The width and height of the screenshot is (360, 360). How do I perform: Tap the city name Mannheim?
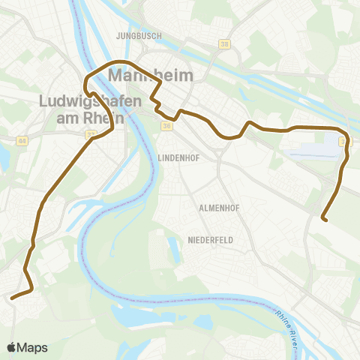pos(151,76)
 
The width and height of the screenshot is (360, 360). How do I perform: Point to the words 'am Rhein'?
pos(88,118)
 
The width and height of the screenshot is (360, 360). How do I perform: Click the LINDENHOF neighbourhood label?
pos(178,158)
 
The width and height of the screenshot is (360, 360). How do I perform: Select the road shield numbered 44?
pos(22,140)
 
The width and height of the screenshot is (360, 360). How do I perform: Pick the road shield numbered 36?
pos(166,126)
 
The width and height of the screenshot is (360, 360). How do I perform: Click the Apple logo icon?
pos(13,347)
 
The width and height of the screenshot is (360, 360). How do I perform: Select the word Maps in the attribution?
pos(34,347)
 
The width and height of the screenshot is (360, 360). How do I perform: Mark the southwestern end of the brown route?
pos(12,297)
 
